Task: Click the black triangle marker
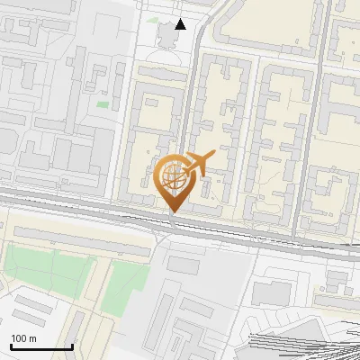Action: (181, 23)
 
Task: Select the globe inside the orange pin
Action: (173, 176)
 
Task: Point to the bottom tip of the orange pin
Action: (174, 212)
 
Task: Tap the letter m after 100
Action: (33, 338)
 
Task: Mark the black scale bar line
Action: (40, 346)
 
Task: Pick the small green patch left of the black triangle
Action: (152, 20)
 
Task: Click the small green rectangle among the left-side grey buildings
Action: (103, 105)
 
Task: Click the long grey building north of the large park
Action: (81, 237)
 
